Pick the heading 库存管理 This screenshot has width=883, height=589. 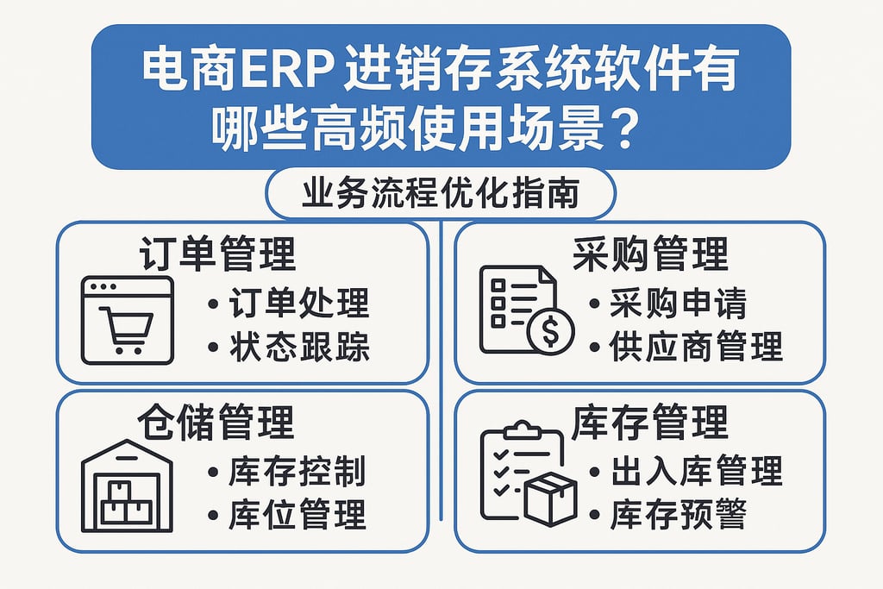650,423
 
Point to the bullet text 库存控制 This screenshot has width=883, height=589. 297,472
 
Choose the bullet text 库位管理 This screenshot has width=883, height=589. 297,515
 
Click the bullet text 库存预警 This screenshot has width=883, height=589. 678,515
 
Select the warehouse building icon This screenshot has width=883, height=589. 127,487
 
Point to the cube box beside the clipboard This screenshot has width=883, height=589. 549,499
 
